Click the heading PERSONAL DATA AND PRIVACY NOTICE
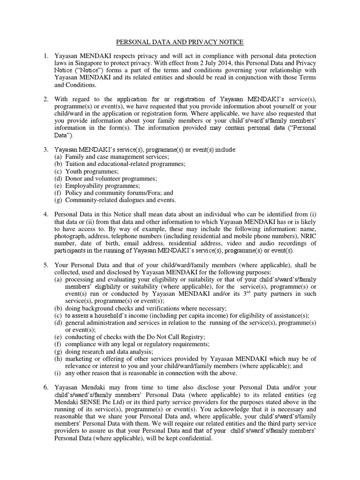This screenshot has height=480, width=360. pyautogui.click(x=180, y=42)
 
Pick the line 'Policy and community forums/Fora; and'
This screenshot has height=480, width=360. pyautogui.click(x=119, y=193)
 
